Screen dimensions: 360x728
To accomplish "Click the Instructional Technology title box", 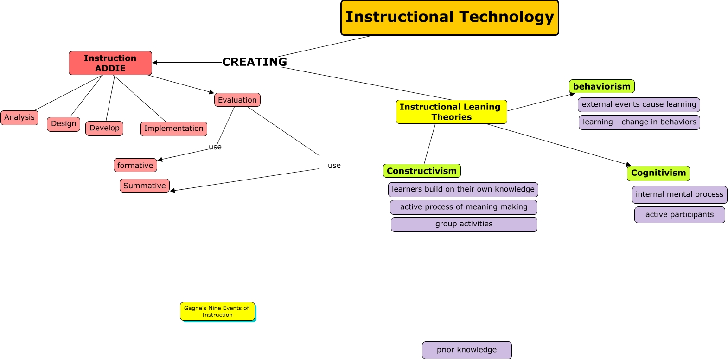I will (449, 18).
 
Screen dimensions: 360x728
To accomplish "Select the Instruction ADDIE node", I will (110, 63).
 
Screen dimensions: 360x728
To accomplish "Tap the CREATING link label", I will (254, 62).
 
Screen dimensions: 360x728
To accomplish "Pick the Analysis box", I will (19, 117).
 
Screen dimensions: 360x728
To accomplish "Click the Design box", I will (64, 124).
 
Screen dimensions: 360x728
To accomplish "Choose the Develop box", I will (104, 128).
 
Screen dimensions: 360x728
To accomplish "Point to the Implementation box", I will (174, 129).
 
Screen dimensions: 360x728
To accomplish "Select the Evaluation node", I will (237, 100).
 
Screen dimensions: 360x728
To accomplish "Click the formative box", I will (135, 165).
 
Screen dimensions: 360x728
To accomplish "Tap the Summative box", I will (145, 186).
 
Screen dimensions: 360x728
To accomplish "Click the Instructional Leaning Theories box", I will (451, 112).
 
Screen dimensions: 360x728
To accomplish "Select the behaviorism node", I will (601, 86).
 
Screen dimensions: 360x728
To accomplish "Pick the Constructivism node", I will (421, 171).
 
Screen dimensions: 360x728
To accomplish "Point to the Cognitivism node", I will (658, 173).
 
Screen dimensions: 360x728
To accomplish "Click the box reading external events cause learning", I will (639, 104).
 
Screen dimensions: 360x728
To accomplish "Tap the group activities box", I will (464, 224).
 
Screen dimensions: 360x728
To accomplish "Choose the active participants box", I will (679, 215).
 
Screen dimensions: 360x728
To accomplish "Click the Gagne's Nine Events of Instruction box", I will (217, 311).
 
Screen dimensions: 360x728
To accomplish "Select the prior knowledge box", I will (466, 350).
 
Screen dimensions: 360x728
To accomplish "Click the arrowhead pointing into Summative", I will (172, 190).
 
